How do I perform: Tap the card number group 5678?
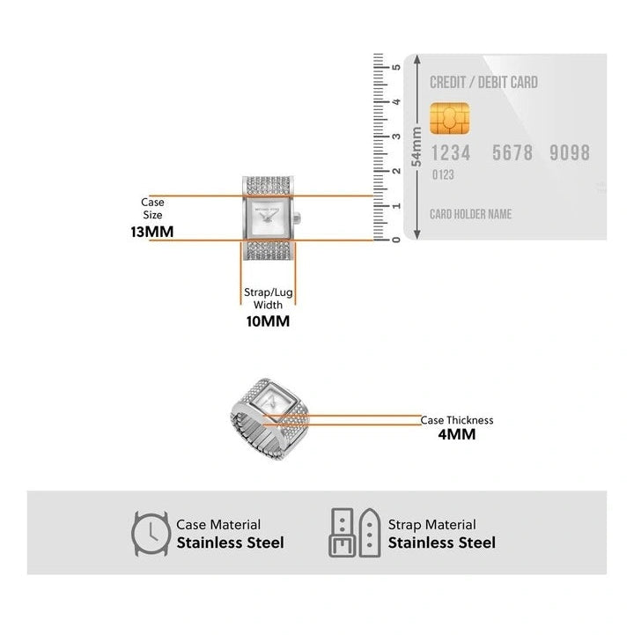pyautogui.click(x=512, y=152)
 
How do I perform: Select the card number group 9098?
pyautogui.click(x=569, y=152)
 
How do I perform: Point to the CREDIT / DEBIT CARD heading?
pyautogui.click(x=483, y=83)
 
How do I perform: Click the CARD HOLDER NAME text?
pyautogui.click(x=470, y=214)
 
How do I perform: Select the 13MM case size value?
pyautogui.click(x=151, y=233)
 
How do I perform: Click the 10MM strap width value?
pyautogui.click(x=267, y=321)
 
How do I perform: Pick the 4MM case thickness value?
pyautogui.click(x=456, y=434)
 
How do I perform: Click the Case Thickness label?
pyautogui.click(x=456, y=420)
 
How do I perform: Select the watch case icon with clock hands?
pyautogui.click(x=151, y=533)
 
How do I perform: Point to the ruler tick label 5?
pyautogui.click(x=397, y=67)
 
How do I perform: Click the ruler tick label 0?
pyautogui.click(x=397, y=239)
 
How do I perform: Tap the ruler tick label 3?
pyautogui.click(x=397, y=136)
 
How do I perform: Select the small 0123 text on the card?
pyautogui.click(x=443, y=175)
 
